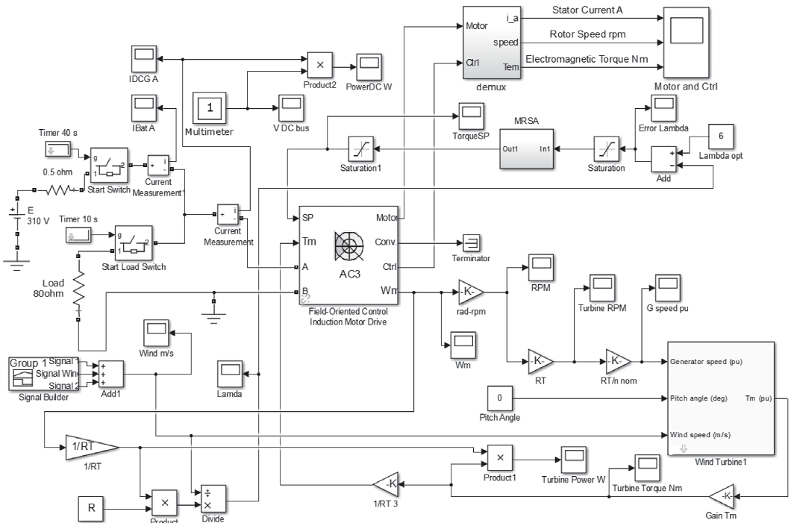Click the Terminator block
(472, 242)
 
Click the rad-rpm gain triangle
(470, 290)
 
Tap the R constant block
(91, 509)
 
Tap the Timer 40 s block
(57, 149)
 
